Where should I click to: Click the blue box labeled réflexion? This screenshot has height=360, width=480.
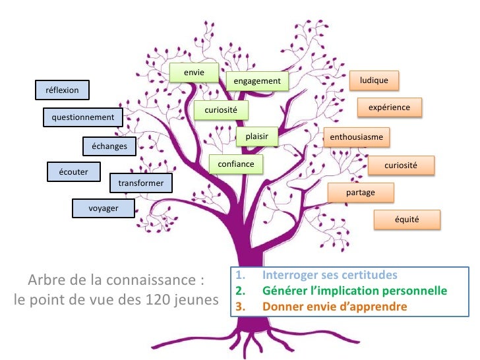[62, 89]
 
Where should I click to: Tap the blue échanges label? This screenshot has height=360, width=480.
[109, 146]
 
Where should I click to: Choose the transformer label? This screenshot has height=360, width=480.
[140, 183]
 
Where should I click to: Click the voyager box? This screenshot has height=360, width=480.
[104, 208]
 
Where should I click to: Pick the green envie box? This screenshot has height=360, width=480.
[193, 72]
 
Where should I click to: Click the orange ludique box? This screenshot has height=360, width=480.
[374, 80]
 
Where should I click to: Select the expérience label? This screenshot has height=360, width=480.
[389, 107]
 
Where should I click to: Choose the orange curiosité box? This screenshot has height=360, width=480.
[401, 164]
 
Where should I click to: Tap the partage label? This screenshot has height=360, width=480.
[361, 193]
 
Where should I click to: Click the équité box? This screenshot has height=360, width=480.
[407, 219]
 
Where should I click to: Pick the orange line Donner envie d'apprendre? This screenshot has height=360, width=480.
[334, 307]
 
